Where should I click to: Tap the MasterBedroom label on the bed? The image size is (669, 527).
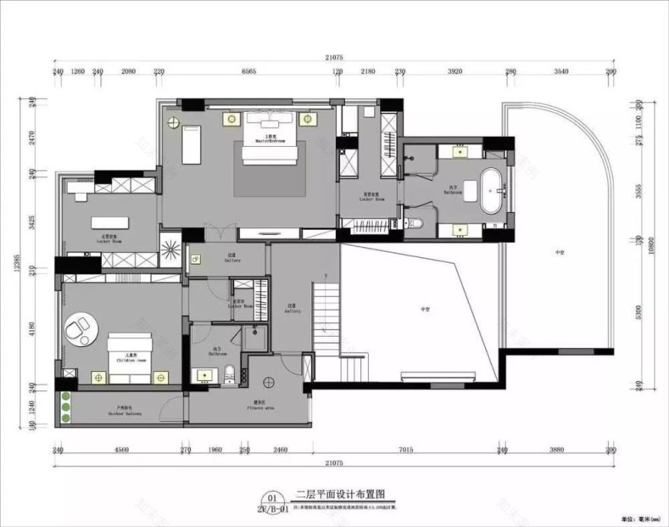pos(269,141)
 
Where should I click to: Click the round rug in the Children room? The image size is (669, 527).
pos(81,329)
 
